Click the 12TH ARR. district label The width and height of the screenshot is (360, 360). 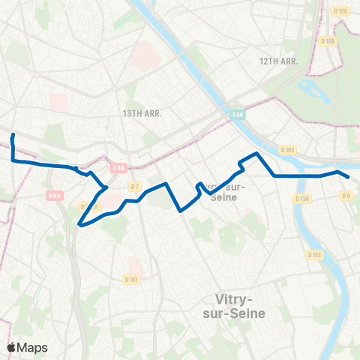click(x=280, y=61)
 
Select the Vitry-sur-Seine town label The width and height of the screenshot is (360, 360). click(x=234, y=307)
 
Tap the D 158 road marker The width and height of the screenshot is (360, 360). click(x=327, y=40)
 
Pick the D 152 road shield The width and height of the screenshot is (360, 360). click(x=315, y=255)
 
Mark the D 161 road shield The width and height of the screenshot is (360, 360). click(x=131, y=279)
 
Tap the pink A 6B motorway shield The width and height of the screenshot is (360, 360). click(x=118, y=168)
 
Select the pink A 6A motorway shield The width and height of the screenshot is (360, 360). click(x=54, y=196)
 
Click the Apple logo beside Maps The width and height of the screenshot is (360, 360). click(x=12, y=347)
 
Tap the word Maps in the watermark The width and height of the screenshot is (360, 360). click(x=33, y=347)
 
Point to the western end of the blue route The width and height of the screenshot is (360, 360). click(x=13, y=135)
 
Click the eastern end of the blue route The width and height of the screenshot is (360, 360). click(x=349, y=177)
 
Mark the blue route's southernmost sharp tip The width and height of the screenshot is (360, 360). click(x=79, y=223)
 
